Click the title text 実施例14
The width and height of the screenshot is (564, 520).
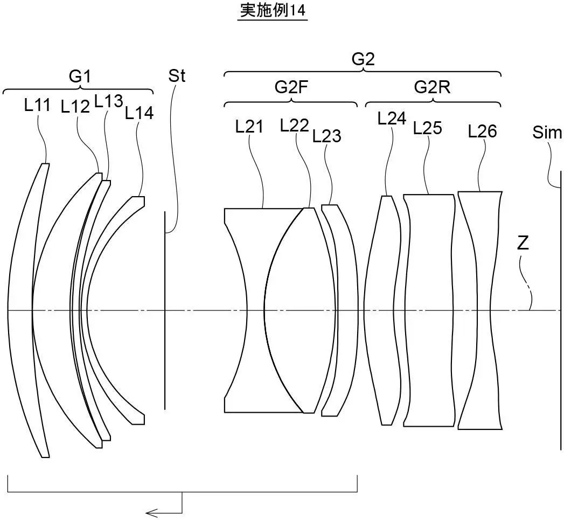273,11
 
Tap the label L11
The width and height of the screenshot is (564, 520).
38,105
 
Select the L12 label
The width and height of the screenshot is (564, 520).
75,107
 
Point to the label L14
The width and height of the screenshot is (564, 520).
139,113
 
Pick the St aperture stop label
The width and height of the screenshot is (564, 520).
176,76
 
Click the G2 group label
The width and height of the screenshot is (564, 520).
363,59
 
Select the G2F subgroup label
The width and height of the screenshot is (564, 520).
291,87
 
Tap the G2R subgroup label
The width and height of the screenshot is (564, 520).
432,87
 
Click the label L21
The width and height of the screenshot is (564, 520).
249,127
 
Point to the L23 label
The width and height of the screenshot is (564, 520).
326,136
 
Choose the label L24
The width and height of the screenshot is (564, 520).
392,119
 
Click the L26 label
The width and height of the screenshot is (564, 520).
482,131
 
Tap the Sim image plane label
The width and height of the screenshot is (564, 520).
547,133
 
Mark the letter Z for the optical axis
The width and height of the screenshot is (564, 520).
523,244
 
